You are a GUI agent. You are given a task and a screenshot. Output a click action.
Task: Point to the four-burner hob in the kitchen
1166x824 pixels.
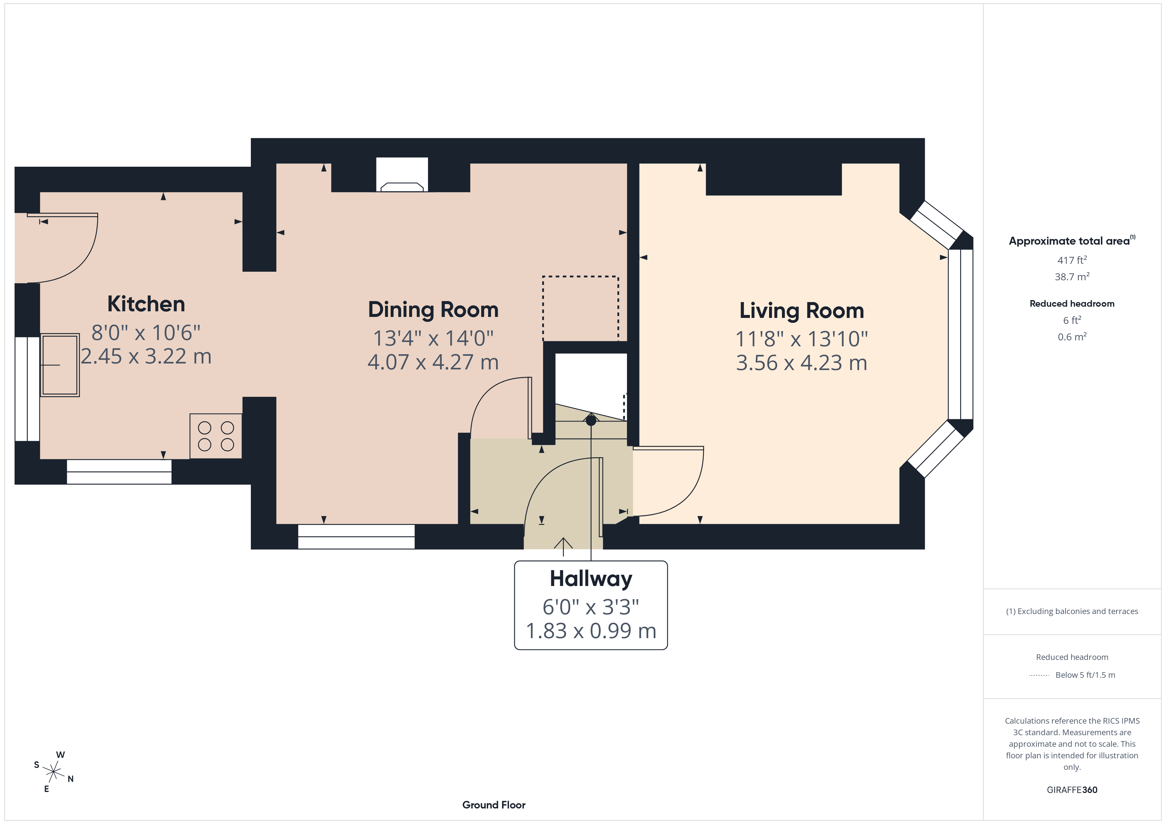[216, 436]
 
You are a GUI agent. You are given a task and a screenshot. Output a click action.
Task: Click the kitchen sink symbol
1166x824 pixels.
[60, 364]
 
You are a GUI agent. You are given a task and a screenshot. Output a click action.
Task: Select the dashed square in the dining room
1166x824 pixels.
[580, 308]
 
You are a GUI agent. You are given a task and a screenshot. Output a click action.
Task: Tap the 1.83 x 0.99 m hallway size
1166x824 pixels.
[591, 631]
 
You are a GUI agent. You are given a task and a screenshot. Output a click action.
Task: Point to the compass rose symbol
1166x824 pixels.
[53, 772]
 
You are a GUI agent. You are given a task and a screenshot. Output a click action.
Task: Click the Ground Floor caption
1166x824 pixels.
[494, 805]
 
